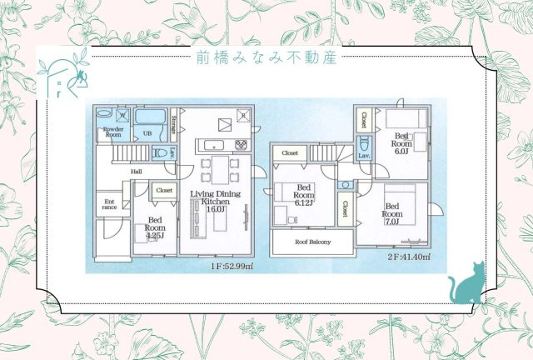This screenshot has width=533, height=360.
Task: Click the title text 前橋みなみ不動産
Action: click(266, 59)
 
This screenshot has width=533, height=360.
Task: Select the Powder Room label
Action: click(112, 132)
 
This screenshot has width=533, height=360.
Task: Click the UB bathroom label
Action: click(147, 133)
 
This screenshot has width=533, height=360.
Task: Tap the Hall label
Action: click(135, 172)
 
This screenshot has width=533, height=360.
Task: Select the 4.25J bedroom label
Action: click(155, 227)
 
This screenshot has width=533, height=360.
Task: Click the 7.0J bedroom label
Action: click(392, 213)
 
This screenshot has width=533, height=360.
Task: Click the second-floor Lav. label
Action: click(364, 156)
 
